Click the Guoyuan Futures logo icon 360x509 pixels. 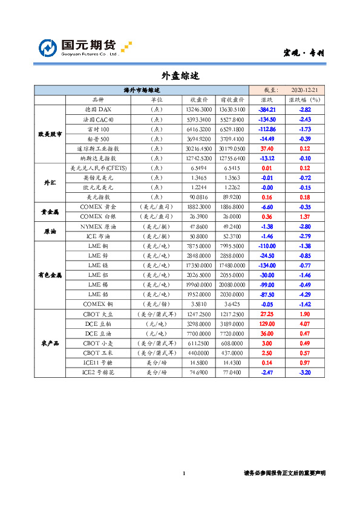tap(48, 48)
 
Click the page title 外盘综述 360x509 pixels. tap(180, 76)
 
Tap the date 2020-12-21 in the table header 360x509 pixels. tap(304, 90)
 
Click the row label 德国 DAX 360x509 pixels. tap(98, 109)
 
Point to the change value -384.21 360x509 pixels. tap(267, 109)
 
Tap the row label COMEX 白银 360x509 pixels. tap(98, 216)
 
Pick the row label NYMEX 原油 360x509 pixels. tap(98, 226)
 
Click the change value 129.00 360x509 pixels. tap(267, 324)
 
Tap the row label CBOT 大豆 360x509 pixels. tap(98, 314)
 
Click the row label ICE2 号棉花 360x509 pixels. tap(98, 373)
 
